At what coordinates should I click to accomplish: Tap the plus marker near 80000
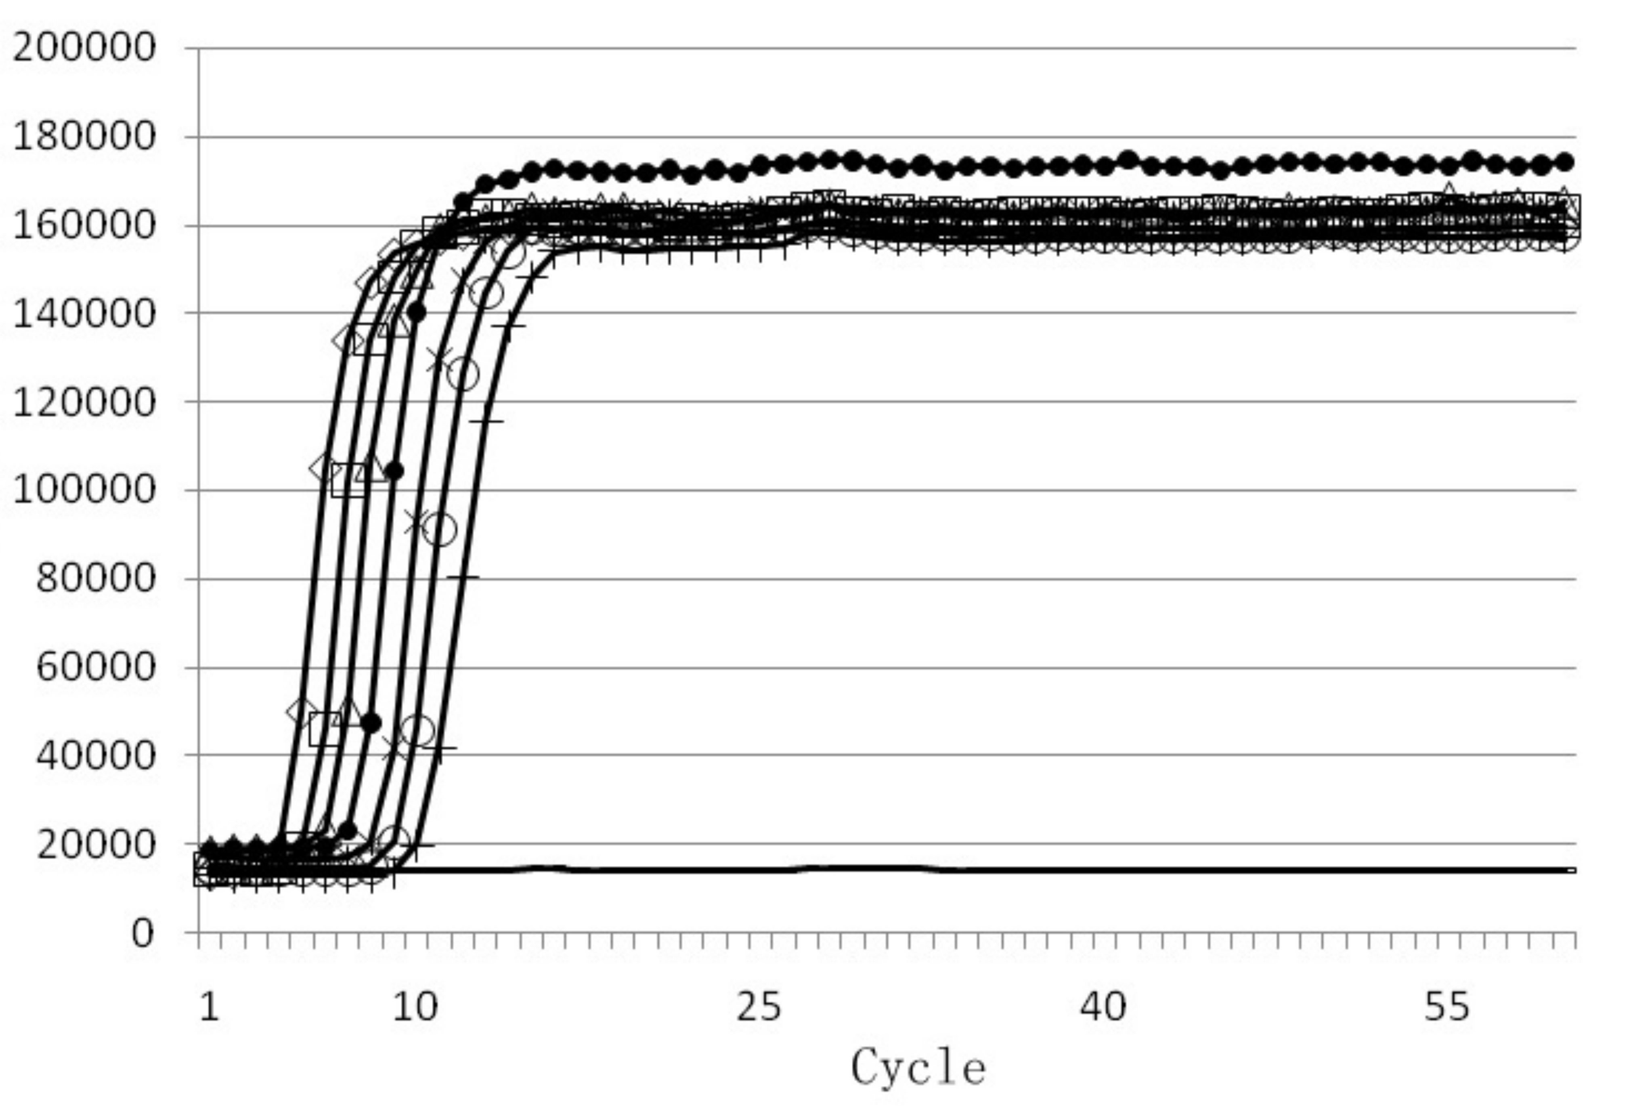(462, 577)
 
